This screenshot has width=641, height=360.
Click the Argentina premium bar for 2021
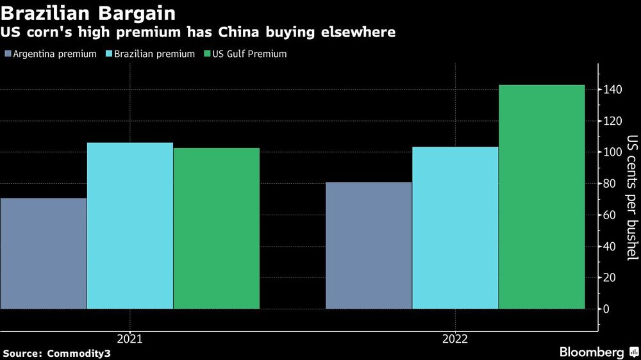point(44,253)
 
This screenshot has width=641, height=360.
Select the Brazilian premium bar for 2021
point(130,225)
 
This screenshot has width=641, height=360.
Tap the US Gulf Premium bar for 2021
point(217,228)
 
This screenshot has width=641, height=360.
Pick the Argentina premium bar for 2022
point(369,245)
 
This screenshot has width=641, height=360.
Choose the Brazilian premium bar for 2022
point(455,227)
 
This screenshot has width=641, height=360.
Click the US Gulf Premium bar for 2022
point(542,197)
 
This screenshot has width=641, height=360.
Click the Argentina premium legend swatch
point(7,54)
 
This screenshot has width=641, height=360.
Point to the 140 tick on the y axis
point(611,90)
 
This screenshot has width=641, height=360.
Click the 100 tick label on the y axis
point(611,152)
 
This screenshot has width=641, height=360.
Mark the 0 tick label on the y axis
point(606,309)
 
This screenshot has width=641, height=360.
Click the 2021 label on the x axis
point(129,338)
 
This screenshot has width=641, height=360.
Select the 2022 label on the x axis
point(455,338)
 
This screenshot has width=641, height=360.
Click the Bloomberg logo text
point(592,352)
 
